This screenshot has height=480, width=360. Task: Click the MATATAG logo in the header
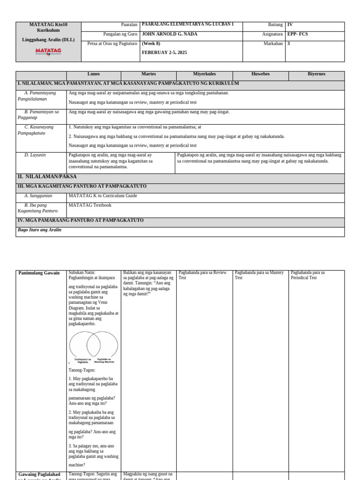click(x=48, y=51)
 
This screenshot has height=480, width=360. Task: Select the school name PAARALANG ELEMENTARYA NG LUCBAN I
click(x=187, y=24)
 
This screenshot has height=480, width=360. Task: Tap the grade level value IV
click(x=290, y=25)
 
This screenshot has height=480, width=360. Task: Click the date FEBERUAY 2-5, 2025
click(x=164, y=52)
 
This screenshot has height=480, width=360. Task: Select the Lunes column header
click(x=93, y=74)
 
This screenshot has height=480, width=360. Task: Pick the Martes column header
click(x=149, y=74)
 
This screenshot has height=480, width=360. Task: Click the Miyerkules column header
click(x=204, y=74)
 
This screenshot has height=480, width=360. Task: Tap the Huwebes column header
click(x=260, y=74)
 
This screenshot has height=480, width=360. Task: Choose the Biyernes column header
click(x=316, y=74)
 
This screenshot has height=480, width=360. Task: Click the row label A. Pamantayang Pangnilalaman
click(x=40, y=96)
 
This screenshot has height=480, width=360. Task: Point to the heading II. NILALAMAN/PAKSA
click(x=47, y=177)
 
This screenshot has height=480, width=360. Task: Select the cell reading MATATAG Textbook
click(x=90, y=205)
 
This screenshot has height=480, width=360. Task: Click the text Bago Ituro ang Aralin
click(x=39, y=230)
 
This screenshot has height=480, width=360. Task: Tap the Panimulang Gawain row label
click(x=39, y=273)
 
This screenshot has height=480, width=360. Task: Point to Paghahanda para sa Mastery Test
click(x=259, y=275)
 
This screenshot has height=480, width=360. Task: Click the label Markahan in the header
click(x=273, y=44)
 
